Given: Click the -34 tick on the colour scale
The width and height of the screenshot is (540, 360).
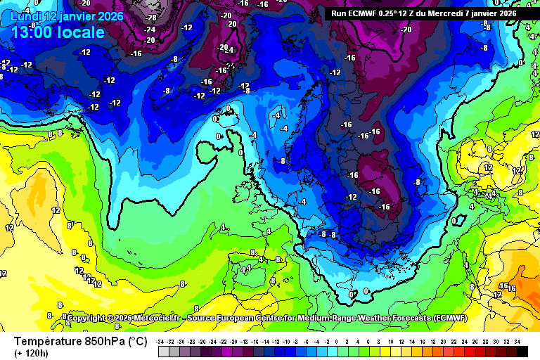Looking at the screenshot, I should (x=162, y=341).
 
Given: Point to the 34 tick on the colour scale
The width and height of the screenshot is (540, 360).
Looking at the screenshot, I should (x=517, y=341).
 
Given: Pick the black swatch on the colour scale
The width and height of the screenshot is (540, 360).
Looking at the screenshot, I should (x=522, y=349).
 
